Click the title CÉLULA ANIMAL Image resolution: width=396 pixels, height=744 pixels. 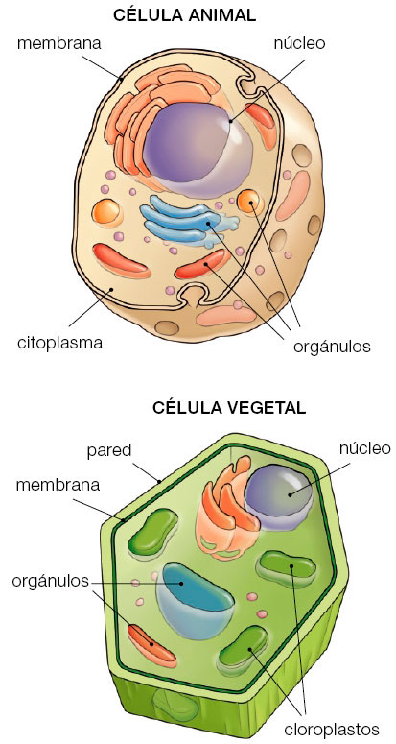point(185,14)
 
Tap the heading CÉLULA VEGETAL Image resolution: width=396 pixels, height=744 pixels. point(229,408)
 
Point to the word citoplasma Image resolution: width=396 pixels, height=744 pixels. point(60,343)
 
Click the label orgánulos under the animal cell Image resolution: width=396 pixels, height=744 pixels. point(332,347)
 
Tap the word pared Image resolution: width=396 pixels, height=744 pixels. point(109,450)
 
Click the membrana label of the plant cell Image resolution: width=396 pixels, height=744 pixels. point(58,485)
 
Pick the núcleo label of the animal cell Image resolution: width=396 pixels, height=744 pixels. point(300,43)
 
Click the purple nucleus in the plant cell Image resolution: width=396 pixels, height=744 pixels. point(279,496)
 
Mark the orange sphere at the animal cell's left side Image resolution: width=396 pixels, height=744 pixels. point(107,212)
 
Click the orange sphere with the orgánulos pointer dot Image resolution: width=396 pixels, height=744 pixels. point(250,203)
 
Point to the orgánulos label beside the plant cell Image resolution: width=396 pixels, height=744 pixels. point(51,581)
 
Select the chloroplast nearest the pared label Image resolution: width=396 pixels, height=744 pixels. point(153,531)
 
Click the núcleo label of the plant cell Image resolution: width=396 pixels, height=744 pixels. point(364,448)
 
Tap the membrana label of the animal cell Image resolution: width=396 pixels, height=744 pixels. point(59,43)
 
